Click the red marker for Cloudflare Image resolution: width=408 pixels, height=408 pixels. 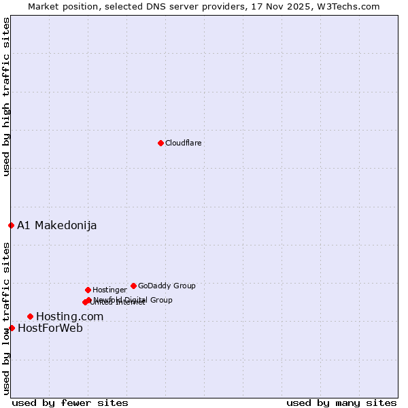[x=160, y=143]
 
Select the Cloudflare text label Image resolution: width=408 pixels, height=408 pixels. [x=183, y=143]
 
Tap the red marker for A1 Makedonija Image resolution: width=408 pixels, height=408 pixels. [x=11, y=225]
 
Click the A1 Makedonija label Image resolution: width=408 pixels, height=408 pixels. [x=56, y=225]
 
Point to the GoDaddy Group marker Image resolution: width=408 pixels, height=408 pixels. [x=133, y=286]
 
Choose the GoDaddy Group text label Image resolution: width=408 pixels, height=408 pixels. [x=167, y=286]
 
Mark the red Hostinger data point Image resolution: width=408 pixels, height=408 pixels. [x=88, y=290]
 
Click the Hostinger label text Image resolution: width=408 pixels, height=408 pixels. [x=109, y=290]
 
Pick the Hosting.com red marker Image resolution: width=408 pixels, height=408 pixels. [x=30, y=316]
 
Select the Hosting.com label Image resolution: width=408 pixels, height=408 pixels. [x=69, y=316]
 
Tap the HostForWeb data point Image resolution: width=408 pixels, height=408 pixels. [x=12, y=328]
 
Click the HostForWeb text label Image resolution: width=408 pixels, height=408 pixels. [x=50, y=328]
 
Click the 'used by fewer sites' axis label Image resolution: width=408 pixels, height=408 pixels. [x=70, y=403]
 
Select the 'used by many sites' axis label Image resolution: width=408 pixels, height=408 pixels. [x=341, y=403]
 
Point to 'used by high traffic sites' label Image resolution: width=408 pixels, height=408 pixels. [x=7, y=97]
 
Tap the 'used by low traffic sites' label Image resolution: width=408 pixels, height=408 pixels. [x=7, y=318]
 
